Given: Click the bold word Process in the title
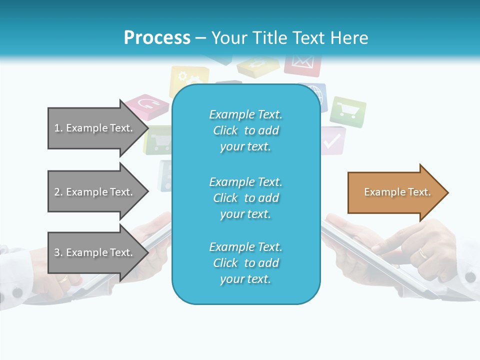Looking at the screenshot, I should [157, 38].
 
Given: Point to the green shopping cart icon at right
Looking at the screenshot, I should [348, 111].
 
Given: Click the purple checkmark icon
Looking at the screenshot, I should [332, 141].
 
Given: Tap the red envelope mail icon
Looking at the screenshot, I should [302, 64].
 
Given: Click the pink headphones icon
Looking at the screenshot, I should [146, 106].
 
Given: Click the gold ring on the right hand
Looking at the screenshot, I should [423, 253].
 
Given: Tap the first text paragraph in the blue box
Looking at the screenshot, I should [245, 130].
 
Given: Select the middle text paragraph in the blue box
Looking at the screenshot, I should [245, 197].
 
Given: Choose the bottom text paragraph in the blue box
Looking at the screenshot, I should [245, 263].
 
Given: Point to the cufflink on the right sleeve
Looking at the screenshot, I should [469, 276].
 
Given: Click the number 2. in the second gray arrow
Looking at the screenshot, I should [58, 192].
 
